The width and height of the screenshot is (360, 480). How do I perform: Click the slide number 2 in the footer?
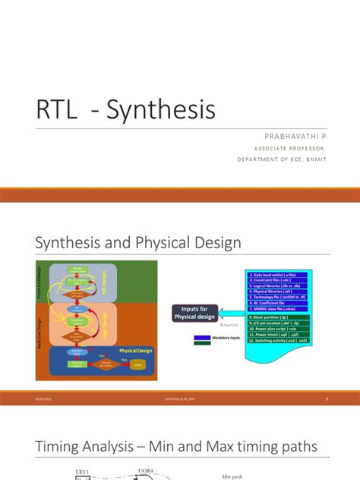click(327, 399)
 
